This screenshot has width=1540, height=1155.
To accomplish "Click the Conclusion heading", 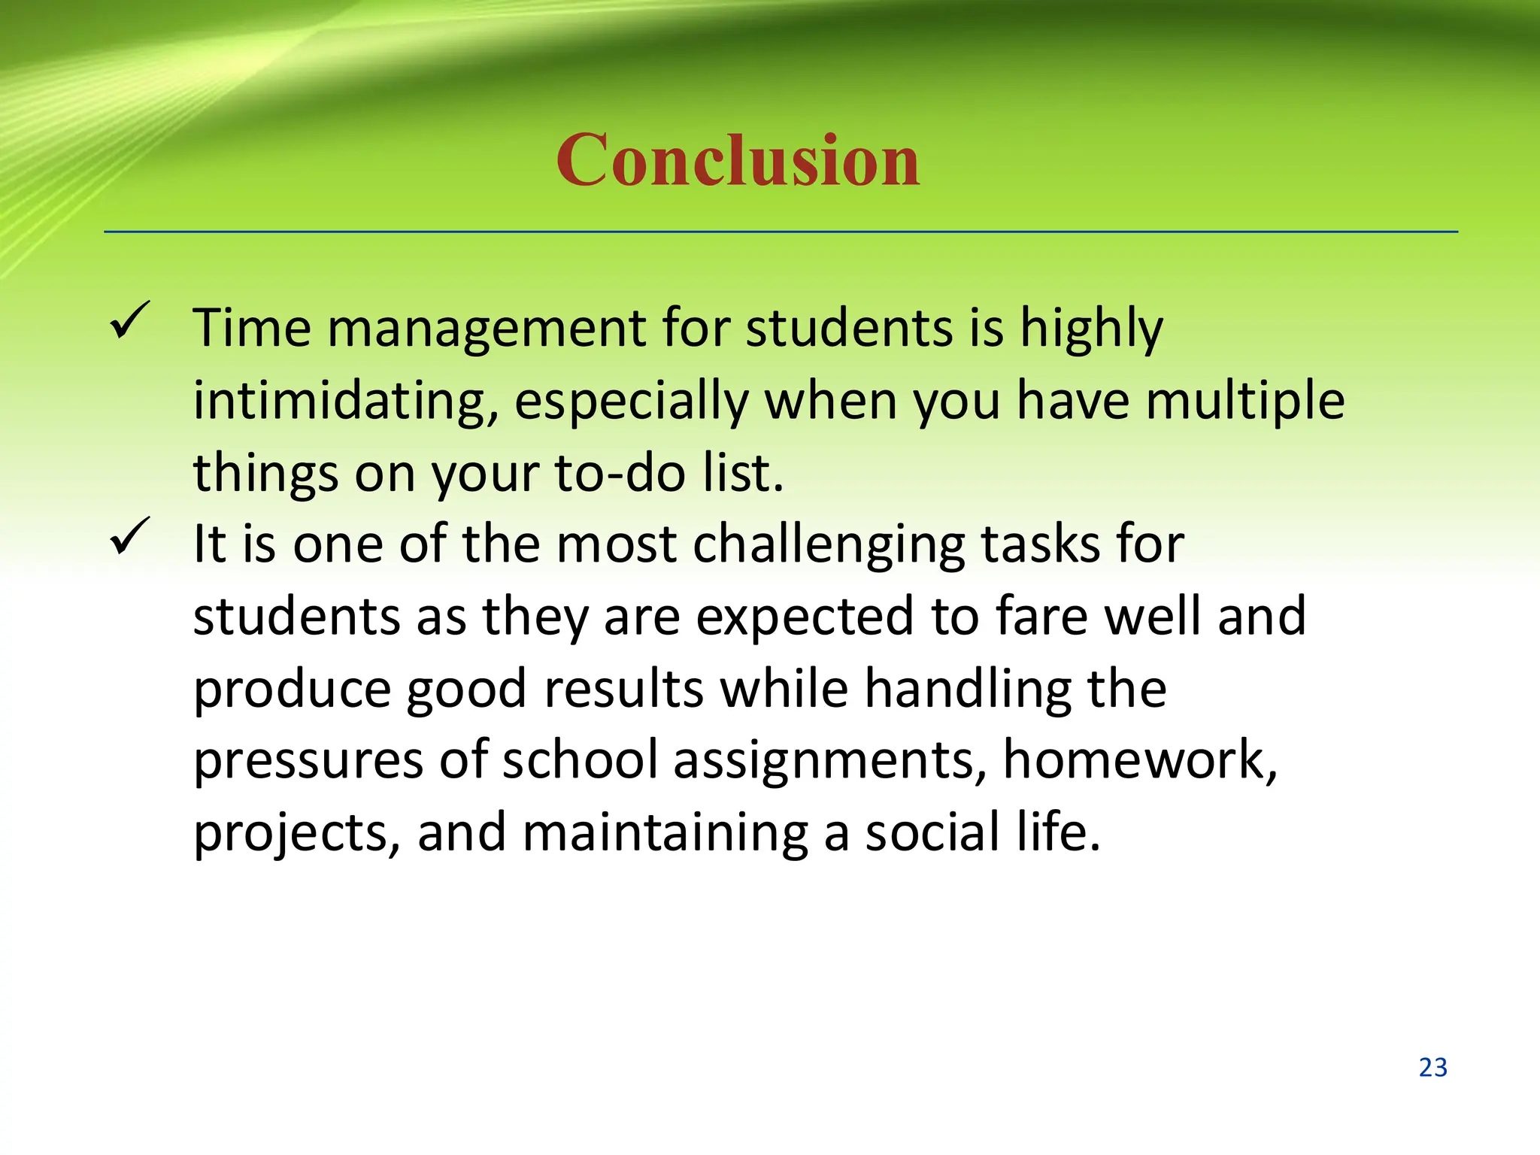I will pos(738,160).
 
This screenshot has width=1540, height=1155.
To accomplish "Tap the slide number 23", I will pos(1432,1068).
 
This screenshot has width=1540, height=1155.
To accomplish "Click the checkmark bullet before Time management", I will pos(130,321).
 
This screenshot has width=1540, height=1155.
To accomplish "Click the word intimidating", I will pos(346,401).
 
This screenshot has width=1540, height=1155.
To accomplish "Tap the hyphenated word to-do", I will pos(620,473).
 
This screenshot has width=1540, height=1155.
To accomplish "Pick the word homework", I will pos(1139,760).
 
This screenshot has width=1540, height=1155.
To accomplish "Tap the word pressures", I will pos(308,760).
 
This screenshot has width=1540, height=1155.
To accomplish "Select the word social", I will pos(932,832).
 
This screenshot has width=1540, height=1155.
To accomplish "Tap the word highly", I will pos(1091,329).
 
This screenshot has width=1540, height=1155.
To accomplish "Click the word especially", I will pos(631,401).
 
